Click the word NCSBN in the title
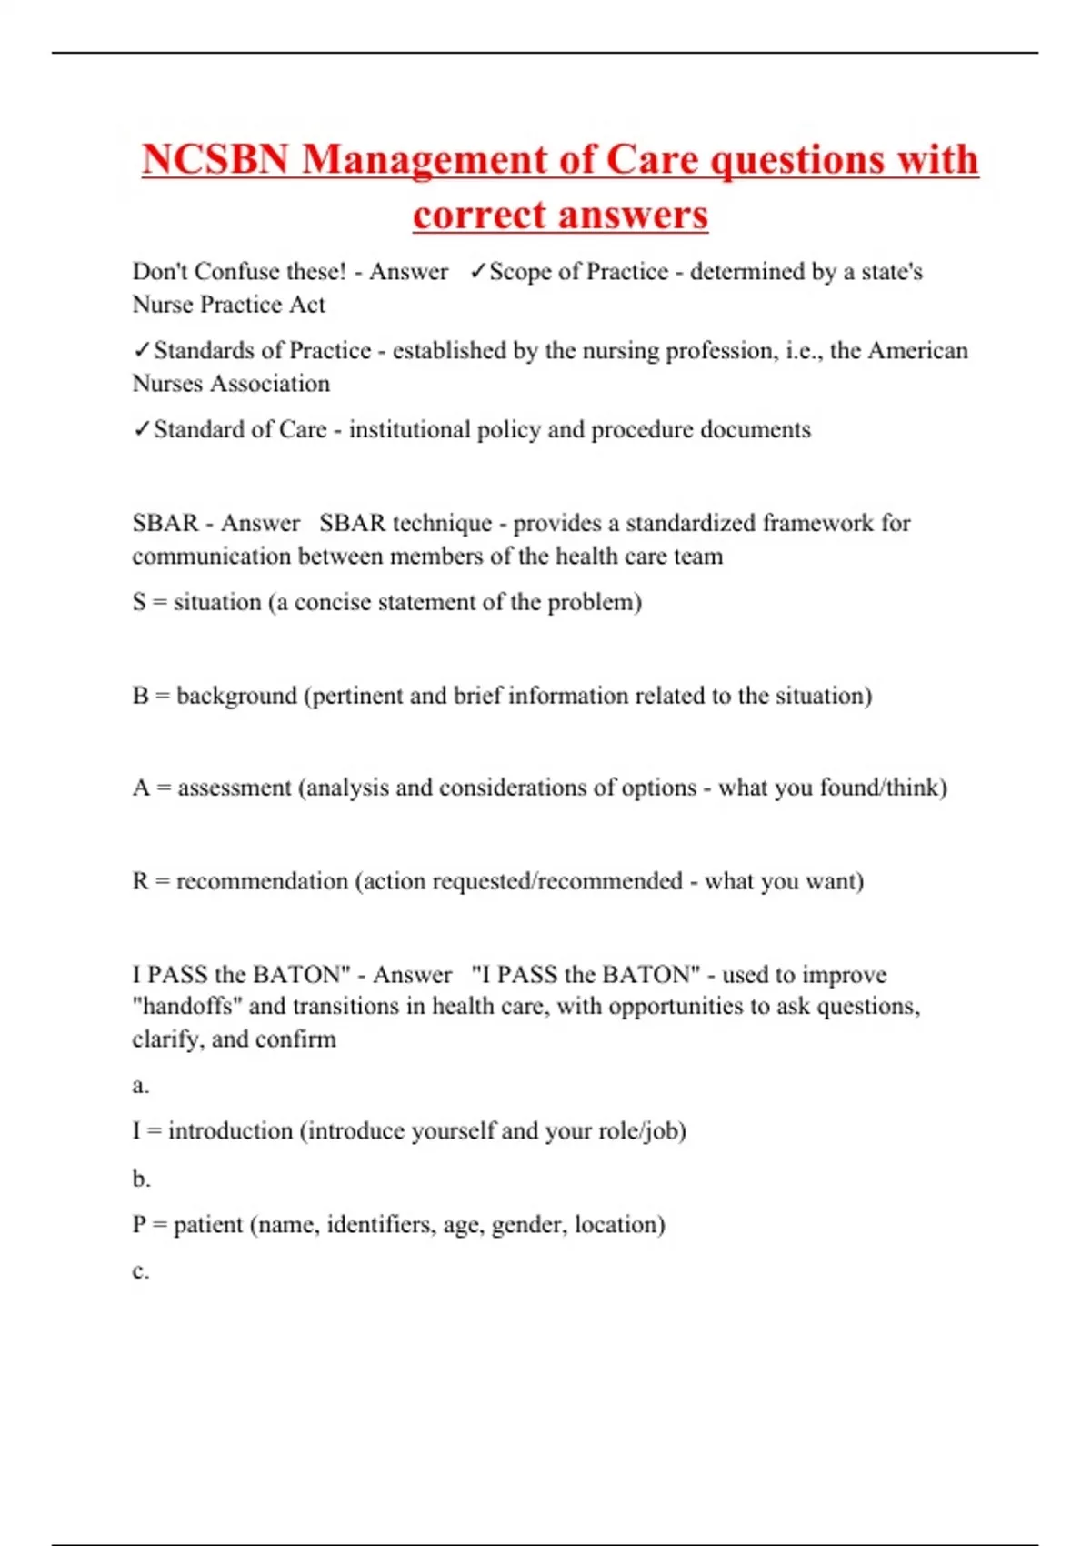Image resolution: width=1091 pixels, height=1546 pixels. [215, 159]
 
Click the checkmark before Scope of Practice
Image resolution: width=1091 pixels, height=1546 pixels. [477, 271]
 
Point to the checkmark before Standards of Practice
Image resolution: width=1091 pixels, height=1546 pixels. [142, 350]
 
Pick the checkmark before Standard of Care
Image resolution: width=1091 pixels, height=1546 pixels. [142, 429]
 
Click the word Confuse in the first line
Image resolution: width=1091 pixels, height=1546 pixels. [237, 271]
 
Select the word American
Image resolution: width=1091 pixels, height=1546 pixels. [918, 350]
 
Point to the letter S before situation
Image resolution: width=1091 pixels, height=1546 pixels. [139, 602]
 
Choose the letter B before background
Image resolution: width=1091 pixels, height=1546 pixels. [140, 696]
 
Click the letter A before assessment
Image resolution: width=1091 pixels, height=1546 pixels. [141, 788]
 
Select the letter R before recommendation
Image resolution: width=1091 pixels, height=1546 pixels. [140, 881]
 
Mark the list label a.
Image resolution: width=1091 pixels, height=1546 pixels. [140, 1086]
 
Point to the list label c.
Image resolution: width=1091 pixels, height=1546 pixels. [140, 1271]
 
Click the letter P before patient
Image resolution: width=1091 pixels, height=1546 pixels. [139, 1225]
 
